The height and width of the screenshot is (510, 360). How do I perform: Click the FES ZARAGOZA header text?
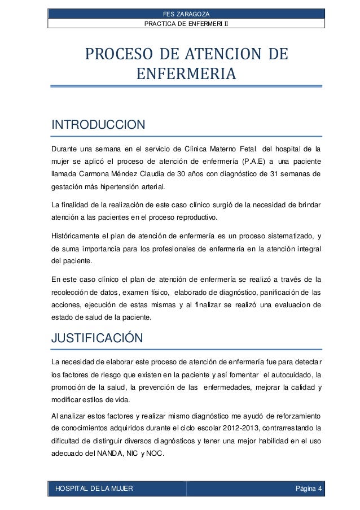click(186, 14)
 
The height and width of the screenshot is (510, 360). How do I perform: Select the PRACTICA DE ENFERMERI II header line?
click(186, 23)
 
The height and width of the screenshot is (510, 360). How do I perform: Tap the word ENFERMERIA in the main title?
click(186, 75)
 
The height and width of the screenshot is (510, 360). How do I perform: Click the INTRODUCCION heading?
click(99, 124)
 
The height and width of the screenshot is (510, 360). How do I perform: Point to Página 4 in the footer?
click(309, 488)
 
